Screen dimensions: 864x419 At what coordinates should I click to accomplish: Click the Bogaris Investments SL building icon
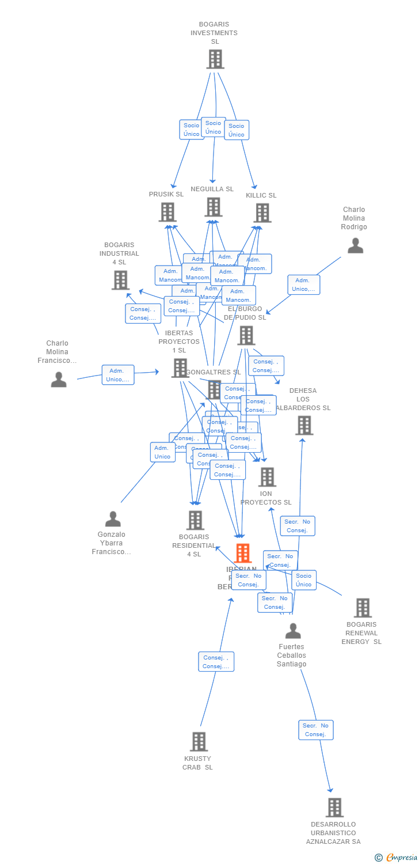tap(215, 59)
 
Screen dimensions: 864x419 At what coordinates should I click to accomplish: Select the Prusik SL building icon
tap(167, 213)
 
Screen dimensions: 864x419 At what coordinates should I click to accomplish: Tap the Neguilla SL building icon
tap(213, 207)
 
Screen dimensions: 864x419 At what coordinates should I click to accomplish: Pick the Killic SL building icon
tap(262, 213)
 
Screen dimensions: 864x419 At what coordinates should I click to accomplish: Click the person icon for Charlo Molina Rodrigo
tap(355, 246)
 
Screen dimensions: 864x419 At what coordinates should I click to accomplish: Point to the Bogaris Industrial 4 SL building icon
tap(120, 280)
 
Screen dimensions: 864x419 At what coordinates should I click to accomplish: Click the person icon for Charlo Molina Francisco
tap(58, 380)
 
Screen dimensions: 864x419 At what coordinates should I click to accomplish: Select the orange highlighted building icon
tap(243, 554)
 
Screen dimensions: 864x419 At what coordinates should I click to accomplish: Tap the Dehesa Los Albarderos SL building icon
tap(304, 426)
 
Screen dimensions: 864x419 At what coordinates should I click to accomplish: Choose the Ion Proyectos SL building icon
tap(267, 477)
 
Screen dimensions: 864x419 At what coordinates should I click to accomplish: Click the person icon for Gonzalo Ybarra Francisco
tap(113, 519)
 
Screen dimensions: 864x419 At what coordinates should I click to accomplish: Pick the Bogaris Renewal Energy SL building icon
tap(363, 608)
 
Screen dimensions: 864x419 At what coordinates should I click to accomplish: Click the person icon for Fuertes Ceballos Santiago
tap(293, 631)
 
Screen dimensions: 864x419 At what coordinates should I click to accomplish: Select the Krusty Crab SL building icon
tap(199, 742)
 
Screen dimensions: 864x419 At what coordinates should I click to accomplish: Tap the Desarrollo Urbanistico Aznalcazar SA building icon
tap(334, 808)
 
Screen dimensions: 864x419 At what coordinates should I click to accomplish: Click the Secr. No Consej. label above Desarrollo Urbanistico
tap(316, 730)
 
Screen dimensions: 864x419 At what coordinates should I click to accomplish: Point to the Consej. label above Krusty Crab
tap(216, 662)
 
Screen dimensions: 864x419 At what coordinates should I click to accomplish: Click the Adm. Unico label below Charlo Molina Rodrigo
tap(304, 285)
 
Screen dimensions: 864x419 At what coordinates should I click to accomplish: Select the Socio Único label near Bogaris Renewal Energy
tap(304, 580)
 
